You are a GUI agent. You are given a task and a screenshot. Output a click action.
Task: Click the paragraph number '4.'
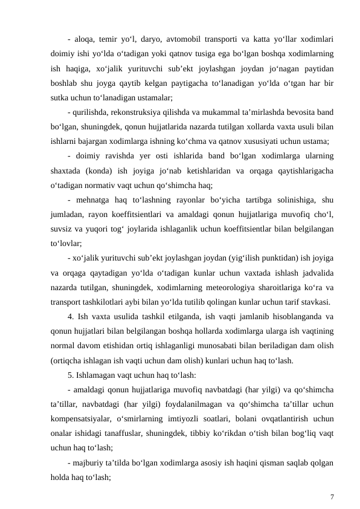point(71,317)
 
